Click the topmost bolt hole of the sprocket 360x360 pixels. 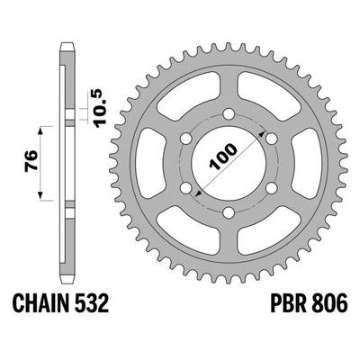tap(226, 115)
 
